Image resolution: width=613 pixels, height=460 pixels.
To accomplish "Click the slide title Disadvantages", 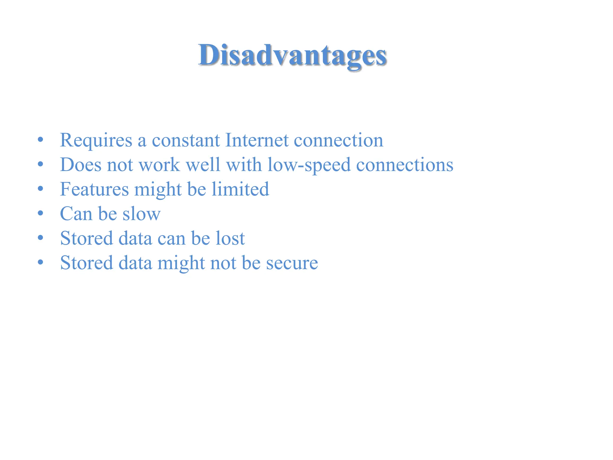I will pyautogui.click(x=292, y=56).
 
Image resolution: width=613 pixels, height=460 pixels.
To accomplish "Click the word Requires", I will pyautogui.click(x=96, y=140).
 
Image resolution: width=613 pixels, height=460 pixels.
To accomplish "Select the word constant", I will pyautogui.click(x=186, y=140).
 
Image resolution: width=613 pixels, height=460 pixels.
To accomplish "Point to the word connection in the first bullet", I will pyautogui.click(x=338, y=140).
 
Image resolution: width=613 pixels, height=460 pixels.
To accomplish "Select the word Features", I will pyautogui.click(x=94, y=189).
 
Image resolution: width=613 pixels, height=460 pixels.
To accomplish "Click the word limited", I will pyautogui.click(x=240, y=189).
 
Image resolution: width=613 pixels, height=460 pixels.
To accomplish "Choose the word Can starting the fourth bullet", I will pyautogui.click(x=76, y=214).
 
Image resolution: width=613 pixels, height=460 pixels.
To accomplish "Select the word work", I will pyautogui.click(x=160, y=165).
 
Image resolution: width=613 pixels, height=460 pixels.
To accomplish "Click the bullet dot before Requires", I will pyautogui.click(x=41, y=140).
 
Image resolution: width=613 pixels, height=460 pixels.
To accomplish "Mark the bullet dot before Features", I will pyautogui.click(x=41, y=189).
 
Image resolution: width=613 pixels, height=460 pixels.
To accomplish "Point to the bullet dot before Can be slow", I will pyautogui.click(x=41, y=213).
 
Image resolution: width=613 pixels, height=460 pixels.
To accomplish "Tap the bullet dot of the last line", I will pyautogui.click(x=41, y=262).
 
